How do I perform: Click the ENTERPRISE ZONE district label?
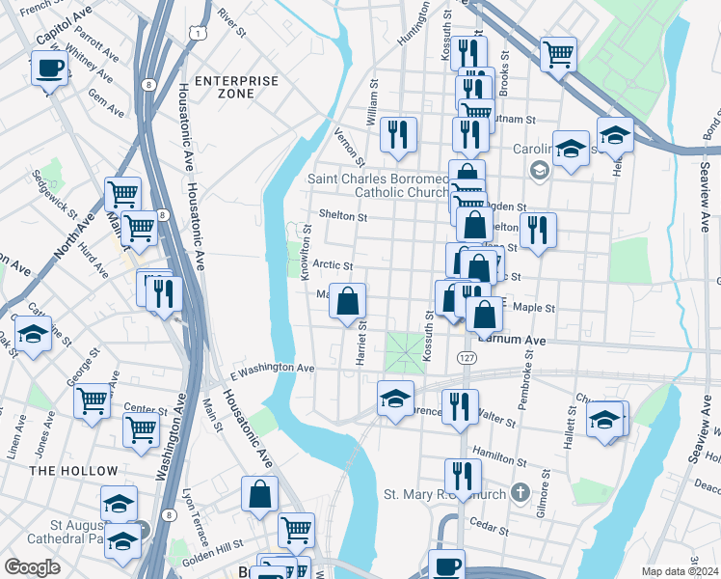[x=236, y=87]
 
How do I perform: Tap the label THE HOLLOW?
[x=73, y=471]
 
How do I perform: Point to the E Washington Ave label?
[x=273, y=369]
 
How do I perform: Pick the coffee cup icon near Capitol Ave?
[x=48, y=69]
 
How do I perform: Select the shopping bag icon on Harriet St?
[x=348, y=301]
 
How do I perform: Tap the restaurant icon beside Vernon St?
[x=397, y=135]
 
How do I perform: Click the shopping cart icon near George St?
[x=93, y=400]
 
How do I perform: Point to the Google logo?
[x=32, y=567]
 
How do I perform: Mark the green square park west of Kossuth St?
[x=405, y=350]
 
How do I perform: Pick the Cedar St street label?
[x=489, y=529]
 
